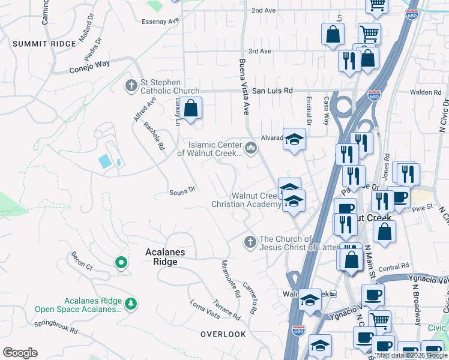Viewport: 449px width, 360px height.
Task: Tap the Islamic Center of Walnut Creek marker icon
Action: click(250, 146)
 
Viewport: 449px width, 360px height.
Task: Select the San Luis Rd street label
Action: click(271, 91)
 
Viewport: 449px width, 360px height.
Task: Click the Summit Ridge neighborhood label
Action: click(40, 44)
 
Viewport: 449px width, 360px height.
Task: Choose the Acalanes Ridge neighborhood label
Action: click(170, 257)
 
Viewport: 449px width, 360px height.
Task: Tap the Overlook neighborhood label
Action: click(223, 334)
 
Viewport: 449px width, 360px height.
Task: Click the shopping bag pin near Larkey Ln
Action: click(191, 109)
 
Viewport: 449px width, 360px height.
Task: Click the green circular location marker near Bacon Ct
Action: click(121, 262)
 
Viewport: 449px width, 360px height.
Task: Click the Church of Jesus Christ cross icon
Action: click(250, 242)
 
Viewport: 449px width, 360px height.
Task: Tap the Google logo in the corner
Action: click(20, 353)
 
